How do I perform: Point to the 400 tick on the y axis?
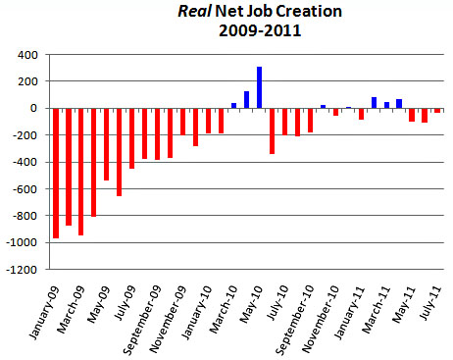point(29,55)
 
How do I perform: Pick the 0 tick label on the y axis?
point(37,109)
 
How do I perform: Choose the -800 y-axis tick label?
point(27,216)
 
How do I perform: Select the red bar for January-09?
point(56,173)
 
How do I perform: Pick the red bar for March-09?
point(81,171)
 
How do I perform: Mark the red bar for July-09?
point(132,138)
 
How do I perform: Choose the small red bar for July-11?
point(437,111)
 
